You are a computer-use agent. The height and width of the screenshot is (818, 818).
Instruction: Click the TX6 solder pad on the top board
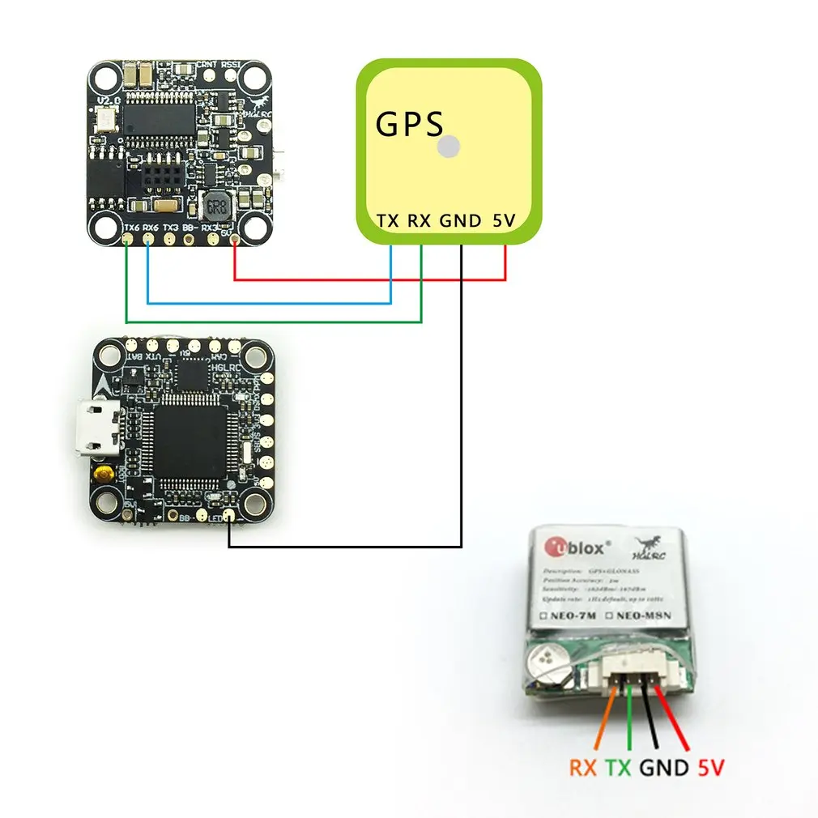pos(127,240)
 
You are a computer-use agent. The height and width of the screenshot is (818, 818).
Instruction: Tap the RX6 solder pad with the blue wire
pos(148,240)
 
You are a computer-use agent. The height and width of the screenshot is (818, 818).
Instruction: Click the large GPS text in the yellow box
pos(410,125)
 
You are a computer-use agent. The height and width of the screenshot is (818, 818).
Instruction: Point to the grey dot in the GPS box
pos(448,147)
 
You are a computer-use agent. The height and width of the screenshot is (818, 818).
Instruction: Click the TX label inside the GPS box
pos(387,220)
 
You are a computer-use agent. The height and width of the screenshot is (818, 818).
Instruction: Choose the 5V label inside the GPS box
pos(503,220)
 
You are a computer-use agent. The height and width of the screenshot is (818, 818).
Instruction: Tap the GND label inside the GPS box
pos(461,220)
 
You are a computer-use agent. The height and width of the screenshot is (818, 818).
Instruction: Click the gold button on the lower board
pos(103,473)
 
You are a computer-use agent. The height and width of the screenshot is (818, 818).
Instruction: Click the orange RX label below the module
pos(582,767)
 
